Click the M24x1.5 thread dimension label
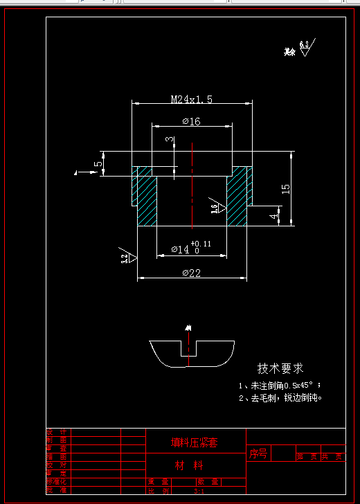pyautogui.click(x=192, y=100)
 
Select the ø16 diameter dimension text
pyautogui.click(x=191, y=121)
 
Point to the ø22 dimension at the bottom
pyautogui.click(x=191, y=273)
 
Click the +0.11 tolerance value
pyautogui.click(x=202, y=244)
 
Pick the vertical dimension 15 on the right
pyautogui.click(x=285, y=188)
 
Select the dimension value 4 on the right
pyautogui.click(x=274, y=215)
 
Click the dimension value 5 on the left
pyautogui.click(x=98, y=164)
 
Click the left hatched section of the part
pyautogui.click(x=147, y=199)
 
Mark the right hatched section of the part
pyautogui.click(x=237, y=199)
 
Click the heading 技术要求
pyautogui.click(x=280, y=369)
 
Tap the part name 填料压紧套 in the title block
pyautogui.click(x=195, y=442)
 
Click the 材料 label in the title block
pyautogui.click(x=189, y=465)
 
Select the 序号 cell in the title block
pyautogui.click(x=258, y=454)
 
